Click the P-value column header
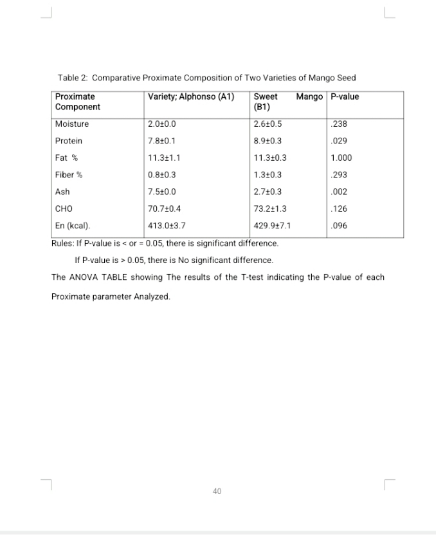click(x=345, y=97)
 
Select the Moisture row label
click(x=72, y=124)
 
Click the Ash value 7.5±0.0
click(x=161, y=192)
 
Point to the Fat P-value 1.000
click(x=341, y=158)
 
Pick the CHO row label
click(x=64, y=208)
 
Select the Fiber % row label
click(x=68, y=175)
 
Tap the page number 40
click(x=217, y=491)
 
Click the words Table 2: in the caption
click(x=73, y=78)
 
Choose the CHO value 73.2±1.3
click(x=270, y=208)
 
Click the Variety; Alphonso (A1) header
click(x=190, y=97)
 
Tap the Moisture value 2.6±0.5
click(x=268, y=124)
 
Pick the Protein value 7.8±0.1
click(x=161, y=141)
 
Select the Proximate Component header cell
click(x=77, y=102)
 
